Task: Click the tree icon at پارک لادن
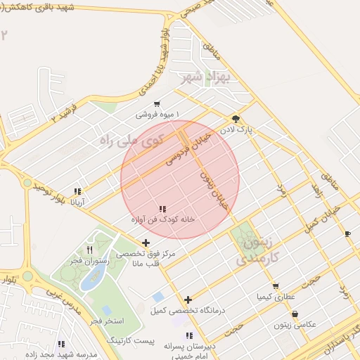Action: pos(236,119)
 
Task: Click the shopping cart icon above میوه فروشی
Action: pos(157,103)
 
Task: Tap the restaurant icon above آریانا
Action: pos(77,191)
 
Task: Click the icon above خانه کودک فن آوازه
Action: pos(162,209)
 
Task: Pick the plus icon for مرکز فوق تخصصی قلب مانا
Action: pos(146,243)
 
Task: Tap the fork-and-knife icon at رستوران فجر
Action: pos(89,249)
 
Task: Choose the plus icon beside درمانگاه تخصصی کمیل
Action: pos(188,300)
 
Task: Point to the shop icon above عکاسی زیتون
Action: pos(294,314)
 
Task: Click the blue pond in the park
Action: pos(92,276)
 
